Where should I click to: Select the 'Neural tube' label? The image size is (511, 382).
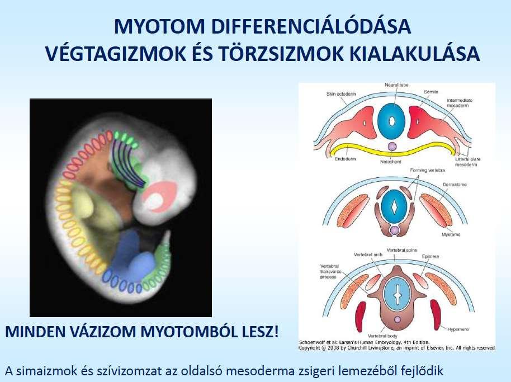396,85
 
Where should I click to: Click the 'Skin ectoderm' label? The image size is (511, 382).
341,94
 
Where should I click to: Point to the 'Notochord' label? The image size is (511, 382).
391,162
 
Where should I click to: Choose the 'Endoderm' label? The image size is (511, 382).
346,159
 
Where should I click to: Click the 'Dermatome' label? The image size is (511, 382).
455,185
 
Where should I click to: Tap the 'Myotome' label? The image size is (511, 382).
451,234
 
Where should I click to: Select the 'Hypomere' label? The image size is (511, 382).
458,329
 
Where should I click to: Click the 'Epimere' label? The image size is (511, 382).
430,257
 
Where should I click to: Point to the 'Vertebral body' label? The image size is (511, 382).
382,336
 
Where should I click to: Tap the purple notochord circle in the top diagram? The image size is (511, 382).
391,147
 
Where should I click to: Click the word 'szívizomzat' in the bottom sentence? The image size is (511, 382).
109,371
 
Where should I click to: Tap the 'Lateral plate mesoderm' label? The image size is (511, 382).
467,162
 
